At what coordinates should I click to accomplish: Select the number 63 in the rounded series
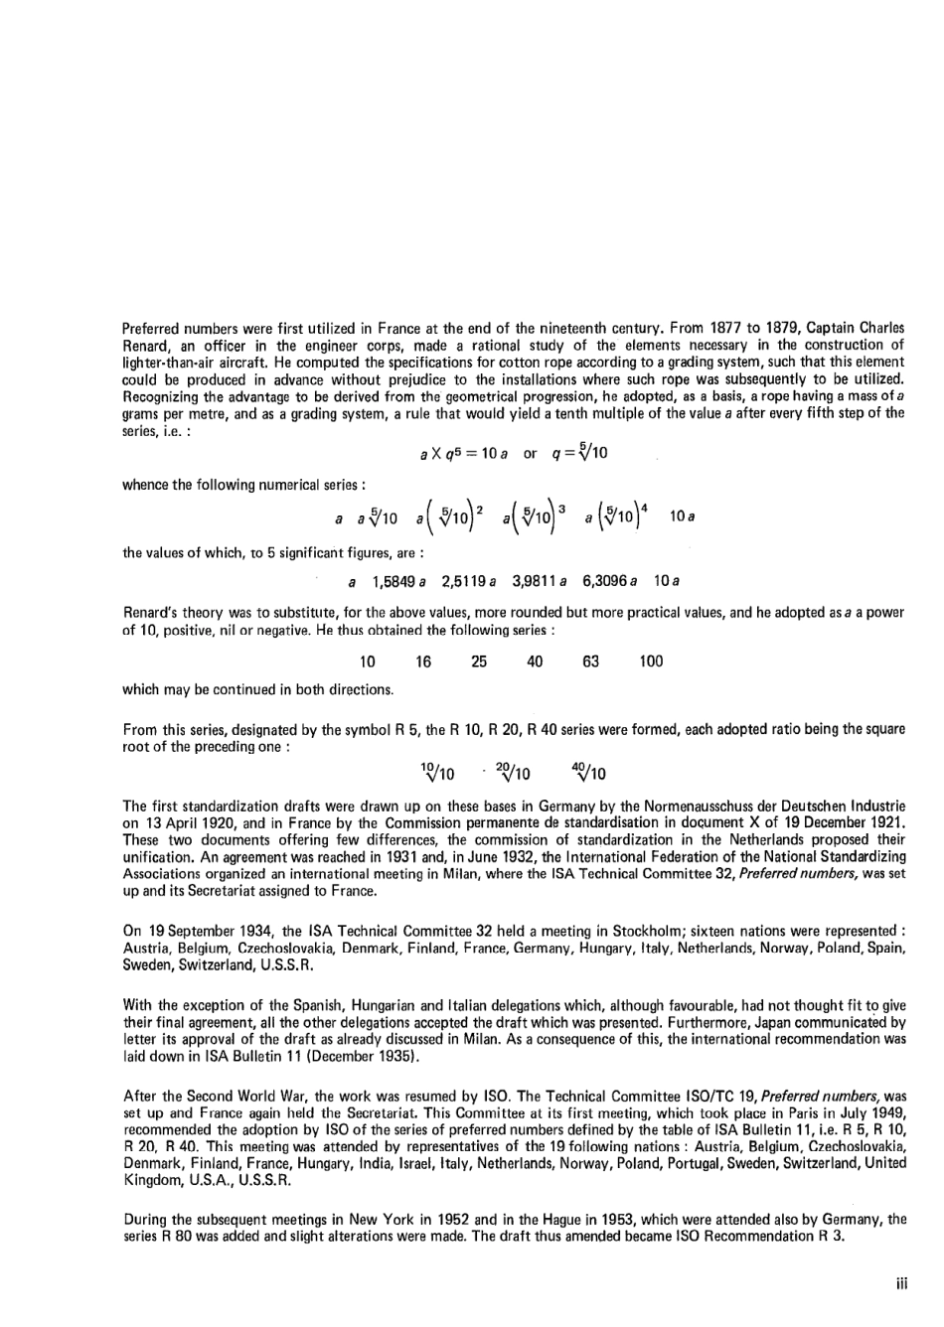point(591,662)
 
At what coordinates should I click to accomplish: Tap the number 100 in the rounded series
point(651,662)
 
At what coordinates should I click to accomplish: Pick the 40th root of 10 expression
point(589,772)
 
